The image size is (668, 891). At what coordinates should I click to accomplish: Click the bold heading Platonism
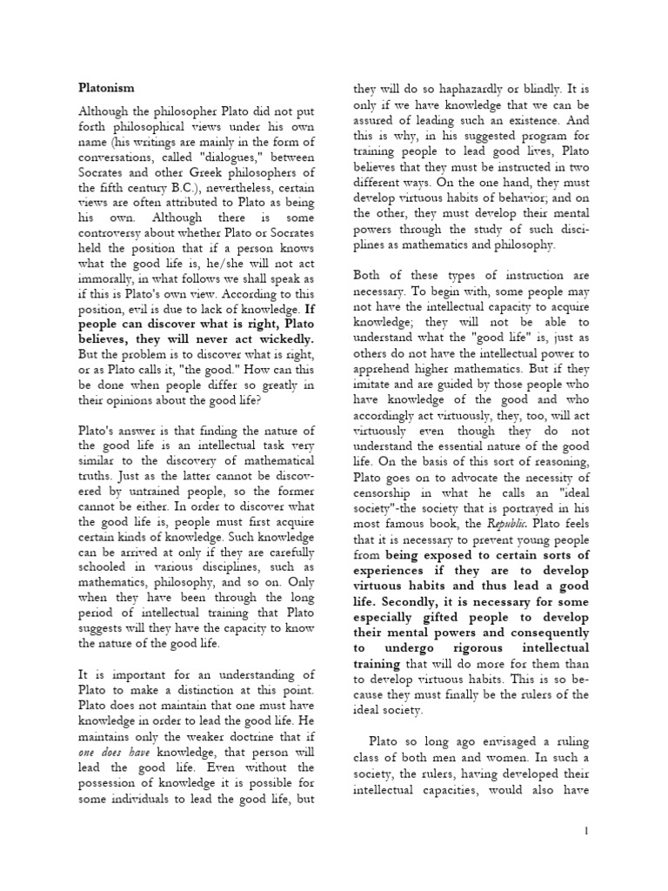(x=107, y=88)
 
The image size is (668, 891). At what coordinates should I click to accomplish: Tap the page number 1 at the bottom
(x=586, y=831)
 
